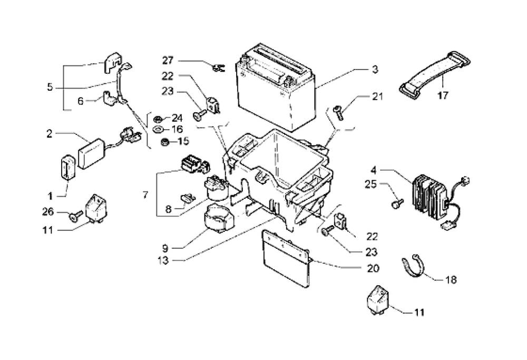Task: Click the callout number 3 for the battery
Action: click(x=375, y=69)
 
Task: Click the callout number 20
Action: click(x=373, y=267)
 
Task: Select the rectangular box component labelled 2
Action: click(x=92, y=153)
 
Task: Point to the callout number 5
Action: click(x=50, y=87)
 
